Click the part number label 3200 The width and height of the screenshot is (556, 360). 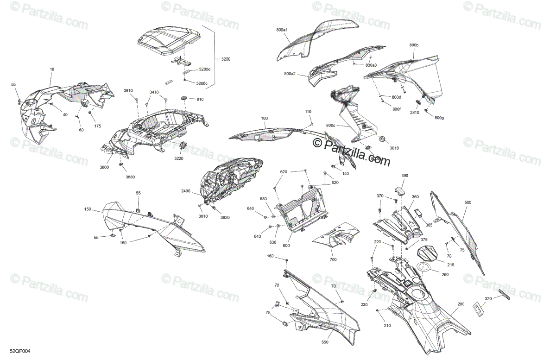(x=226, y=59)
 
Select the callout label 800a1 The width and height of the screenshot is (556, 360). (x=282, y=30)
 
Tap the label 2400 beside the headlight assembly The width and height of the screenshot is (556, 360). (x=185, y=191)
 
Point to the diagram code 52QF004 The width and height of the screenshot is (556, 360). (x=20, y=352)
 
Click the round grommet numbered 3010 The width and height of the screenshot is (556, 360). (x=383, y=139)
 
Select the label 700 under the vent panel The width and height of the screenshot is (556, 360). (x=333, y=260)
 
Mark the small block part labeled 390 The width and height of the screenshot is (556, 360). (x=399, y=190)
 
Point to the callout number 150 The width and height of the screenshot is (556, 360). (x=88, y=209)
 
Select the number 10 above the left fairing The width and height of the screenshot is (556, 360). (x=52, y=69)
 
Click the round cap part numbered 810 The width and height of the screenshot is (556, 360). (x=183, y=99)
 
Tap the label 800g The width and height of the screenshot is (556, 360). (x=439, y=118)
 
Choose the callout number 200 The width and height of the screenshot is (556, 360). (x=461, y=304)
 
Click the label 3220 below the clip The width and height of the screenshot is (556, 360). (x=179, y=158)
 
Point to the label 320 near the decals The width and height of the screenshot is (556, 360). (x=488, y=298)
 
